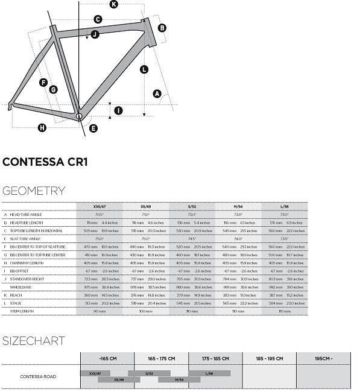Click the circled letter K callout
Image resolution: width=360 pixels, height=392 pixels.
point(114,5)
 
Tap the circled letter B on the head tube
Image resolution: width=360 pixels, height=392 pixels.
point(162,28)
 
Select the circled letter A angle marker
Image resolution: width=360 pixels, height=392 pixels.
point(157,93)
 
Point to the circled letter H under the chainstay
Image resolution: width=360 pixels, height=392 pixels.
point(42,127)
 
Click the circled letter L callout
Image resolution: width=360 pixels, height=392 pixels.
point(144,70)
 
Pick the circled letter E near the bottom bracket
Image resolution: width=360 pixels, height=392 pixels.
point(93,127)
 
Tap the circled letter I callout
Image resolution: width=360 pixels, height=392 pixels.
point(118,110)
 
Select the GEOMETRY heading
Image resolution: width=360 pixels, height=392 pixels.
point(34,191)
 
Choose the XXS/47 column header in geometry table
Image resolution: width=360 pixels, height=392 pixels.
point(99,206)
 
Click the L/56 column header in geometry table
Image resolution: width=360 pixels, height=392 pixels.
point(285,206)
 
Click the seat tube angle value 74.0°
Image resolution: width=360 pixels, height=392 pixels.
point(238,238)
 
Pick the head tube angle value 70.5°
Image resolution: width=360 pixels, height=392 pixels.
point(99,214)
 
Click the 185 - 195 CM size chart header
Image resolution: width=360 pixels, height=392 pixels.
point(269,358)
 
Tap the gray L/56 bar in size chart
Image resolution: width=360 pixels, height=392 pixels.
point(209,373)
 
